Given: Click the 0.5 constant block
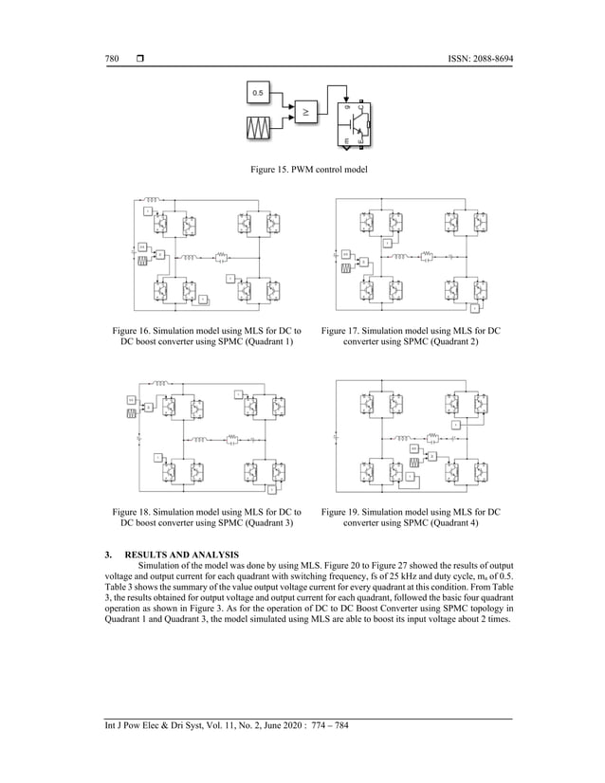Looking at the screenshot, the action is [x=259, y=92].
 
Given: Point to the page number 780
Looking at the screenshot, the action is [x=111, y=59].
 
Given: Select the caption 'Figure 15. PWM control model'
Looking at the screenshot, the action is [x=302, y=170].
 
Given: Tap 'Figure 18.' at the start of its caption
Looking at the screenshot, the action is [x=134, y=511].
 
